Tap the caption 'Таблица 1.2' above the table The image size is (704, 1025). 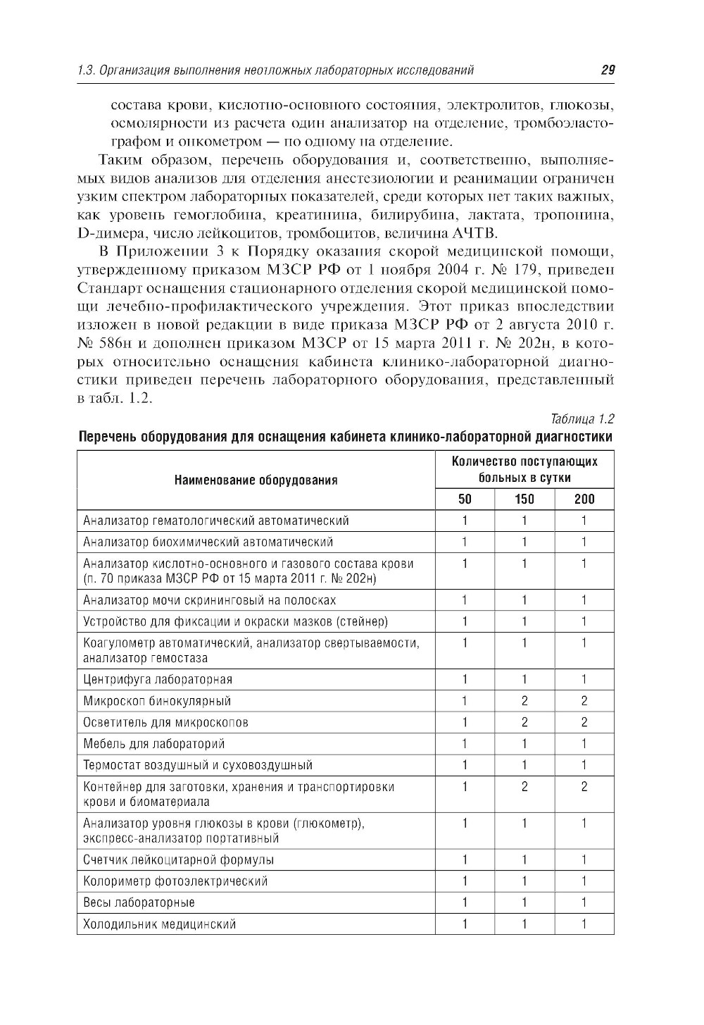pyautogui.click(x=584, y=420)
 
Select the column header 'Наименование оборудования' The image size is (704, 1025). pyautogui.click(x=256, y=480)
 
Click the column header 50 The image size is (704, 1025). pyautogui.click(x=465, y=499)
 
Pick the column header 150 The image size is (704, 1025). pyautogui.click(x=524, y=499)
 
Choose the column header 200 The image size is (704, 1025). pyautogui.click(x=584, y=499)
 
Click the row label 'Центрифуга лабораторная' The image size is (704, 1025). pyautogui.click(x=158, y=679)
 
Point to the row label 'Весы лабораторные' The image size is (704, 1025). pyautogui.click(x=139, y=902)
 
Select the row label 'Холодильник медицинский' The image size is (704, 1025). pyautogui.click(x=159, y=924)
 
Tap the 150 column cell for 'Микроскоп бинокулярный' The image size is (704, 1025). pyautogui.click(x=524, y=701)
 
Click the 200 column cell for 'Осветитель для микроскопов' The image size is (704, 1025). pyautogui.click(x=584, y=722)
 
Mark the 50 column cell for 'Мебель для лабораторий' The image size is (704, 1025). pyautogui.click(x=465, y=743)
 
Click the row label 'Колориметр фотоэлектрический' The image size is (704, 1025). pyautogui.click(x=175, y=881)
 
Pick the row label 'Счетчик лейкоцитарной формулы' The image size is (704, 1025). pyautogui.click(x=178, y=859)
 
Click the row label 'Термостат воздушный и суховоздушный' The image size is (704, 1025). pyautogui.click(x=197, y=765)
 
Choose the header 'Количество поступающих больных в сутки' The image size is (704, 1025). pyautogui.click(x=524, y=469)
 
